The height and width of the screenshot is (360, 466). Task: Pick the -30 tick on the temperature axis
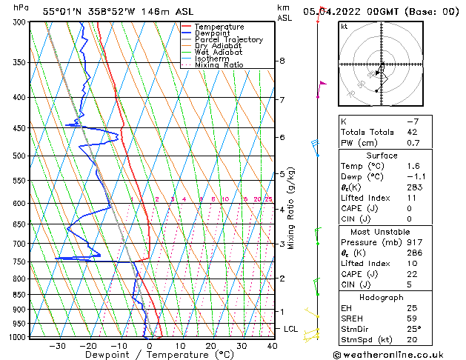[57, 345]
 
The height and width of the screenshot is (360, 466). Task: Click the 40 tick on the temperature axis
[273, 345]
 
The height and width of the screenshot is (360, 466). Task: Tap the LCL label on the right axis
[292, 328]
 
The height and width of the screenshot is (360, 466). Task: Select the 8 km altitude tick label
[282, 61]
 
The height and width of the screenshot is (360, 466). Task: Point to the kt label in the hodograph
[344, 26]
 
